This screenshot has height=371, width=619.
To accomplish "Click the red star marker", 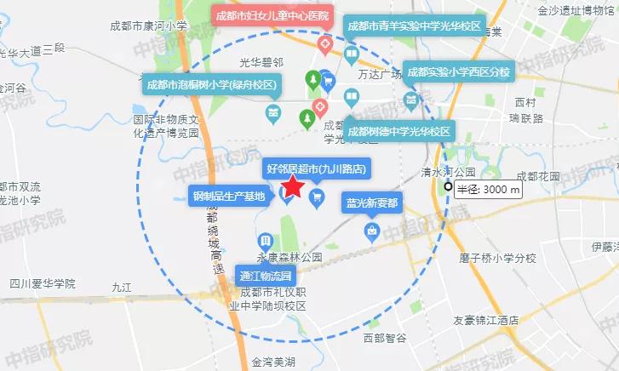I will (292, 186).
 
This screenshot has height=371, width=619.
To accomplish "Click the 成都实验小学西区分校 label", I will (456, 72).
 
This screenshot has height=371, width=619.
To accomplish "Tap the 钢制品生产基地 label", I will (229, 197).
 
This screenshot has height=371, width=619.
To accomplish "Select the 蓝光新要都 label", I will (371, 203).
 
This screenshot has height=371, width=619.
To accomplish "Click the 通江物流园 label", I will (266, 276).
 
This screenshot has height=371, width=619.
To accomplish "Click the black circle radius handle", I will (447, 188).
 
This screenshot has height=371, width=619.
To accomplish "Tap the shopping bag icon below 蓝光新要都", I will (371, 230).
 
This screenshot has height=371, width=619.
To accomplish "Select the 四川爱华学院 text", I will (43, 283).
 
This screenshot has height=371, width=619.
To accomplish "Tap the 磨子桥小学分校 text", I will (497, 258).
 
